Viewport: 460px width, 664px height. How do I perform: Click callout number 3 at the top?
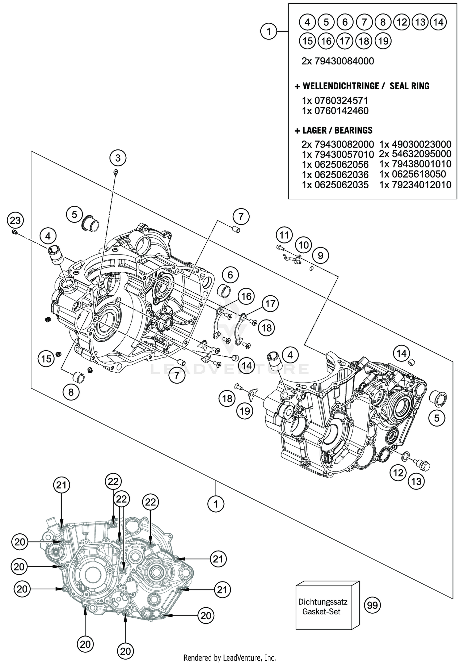click(118, 158)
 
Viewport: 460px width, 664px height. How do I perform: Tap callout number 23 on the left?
click(15, 220)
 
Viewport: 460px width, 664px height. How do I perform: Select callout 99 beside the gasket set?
click(372, 606)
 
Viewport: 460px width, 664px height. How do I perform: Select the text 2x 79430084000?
click(338, 61)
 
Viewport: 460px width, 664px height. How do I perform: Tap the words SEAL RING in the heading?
click(409, 86)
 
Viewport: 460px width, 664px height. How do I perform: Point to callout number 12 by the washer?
click(398, 473)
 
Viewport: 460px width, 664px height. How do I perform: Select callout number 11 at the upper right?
click(284, 235)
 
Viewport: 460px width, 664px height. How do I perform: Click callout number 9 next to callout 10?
click(320, 255)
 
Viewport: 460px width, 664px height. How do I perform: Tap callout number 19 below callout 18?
click(245, 411)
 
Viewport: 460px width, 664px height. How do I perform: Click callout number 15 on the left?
click(46, 358)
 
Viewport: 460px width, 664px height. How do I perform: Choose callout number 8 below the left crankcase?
click(71, 392)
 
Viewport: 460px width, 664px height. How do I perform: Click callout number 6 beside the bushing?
click(230, 275)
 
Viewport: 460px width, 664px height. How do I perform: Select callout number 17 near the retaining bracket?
click(270, 304)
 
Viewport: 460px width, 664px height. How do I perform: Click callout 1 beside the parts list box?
click(269, 31)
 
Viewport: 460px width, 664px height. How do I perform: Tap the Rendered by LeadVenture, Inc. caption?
click(230, 658)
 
